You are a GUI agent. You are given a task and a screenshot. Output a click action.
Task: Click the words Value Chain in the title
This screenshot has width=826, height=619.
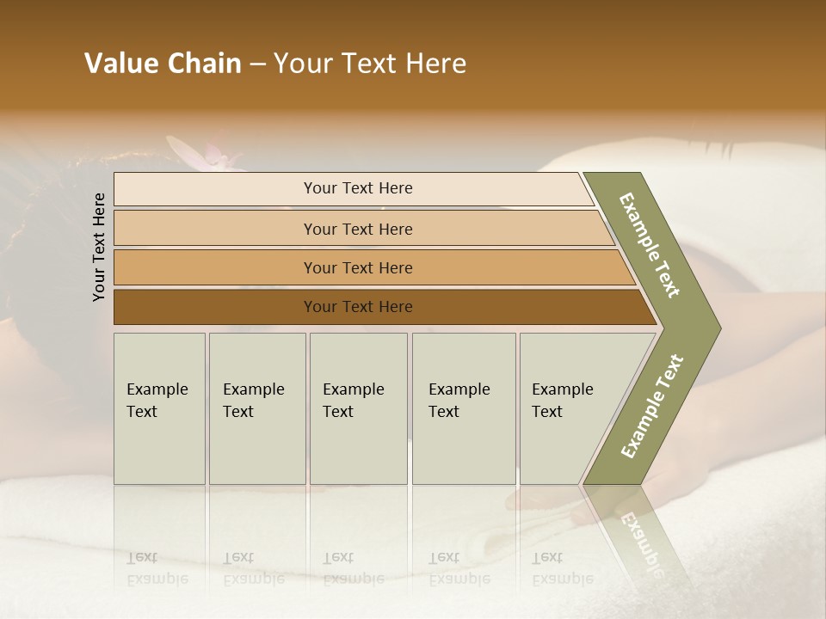tap(163, 64)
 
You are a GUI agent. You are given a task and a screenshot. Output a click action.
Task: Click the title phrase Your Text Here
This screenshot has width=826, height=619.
tap(370, 64)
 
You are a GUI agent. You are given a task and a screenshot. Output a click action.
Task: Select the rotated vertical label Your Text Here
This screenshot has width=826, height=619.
tap(99, 248)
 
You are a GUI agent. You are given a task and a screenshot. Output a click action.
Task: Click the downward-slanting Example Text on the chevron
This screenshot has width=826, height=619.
tap(650, 245)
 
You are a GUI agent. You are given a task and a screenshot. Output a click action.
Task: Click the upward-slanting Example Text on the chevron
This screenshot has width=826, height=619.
tap(652, 406)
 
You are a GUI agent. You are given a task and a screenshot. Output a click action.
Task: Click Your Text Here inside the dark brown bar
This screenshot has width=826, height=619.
tap(358, 307)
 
